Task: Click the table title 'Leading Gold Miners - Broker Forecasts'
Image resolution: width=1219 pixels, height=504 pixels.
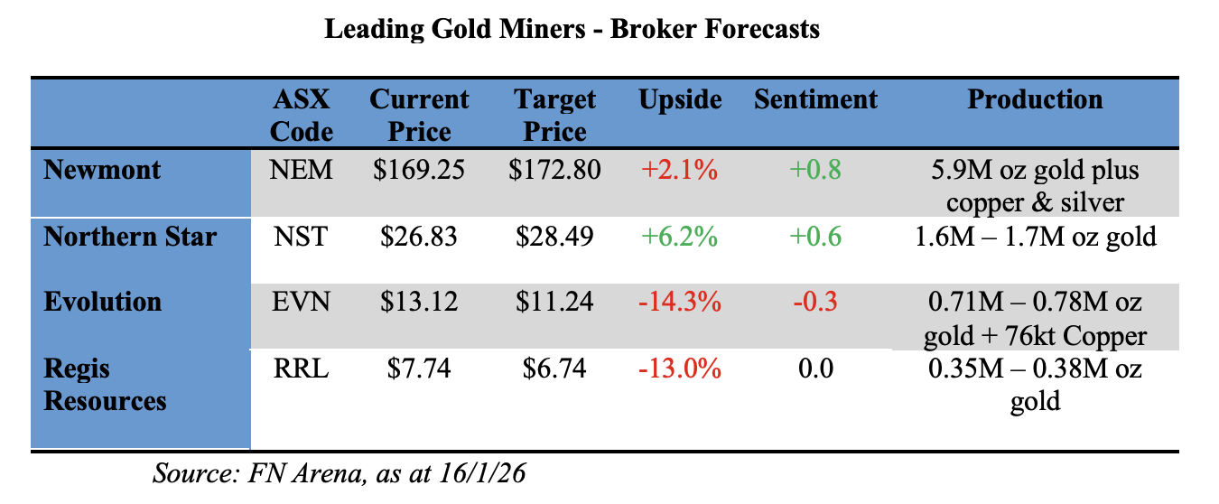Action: point(572,29)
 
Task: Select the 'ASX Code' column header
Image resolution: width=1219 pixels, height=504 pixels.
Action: point(302,115)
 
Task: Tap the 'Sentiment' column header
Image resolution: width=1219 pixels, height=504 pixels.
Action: point(815,99)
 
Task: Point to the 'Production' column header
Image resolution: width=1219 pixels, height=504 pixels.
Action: point(1035,99)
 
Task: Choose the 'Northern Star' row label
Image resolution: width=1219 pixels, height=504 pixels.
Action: point(130,237)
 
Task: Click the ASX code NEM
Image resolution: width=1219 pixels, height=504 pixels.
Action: point(302,169)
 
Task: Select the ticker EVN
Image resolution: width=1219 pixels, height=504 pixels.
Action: point(302,302)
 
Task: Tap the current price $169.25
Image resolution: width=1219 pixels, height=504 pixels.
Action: point(419,169)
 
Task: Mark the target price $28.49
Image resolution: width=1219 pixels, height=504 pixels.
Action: point(554,237)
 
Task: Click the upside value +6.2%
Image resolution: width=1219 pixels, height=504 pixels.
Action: point(679,237)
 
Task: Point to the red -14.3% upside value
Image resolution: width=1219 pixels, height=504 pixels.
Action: point(679,302)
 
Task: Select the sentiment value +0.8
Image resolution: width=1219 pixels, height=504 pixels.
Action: point(815,169)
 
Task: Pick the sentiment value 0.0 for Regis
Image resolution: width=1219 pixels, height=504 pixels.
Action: point(815,369)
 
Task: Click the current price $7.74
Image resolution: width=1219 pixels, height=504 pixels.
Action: point(419,369)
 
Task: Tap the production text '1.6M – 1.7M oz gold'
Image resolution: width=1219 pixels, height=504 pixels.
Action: point(1035,237)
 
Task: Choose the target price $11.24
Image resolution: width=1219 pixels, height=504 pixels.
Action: point(554,302)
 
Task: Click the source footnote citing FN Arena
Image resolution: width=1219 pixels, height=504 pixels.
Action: point(339,474)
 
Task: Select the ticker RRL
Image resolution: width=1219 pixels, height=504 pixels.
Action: point(302,369)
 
